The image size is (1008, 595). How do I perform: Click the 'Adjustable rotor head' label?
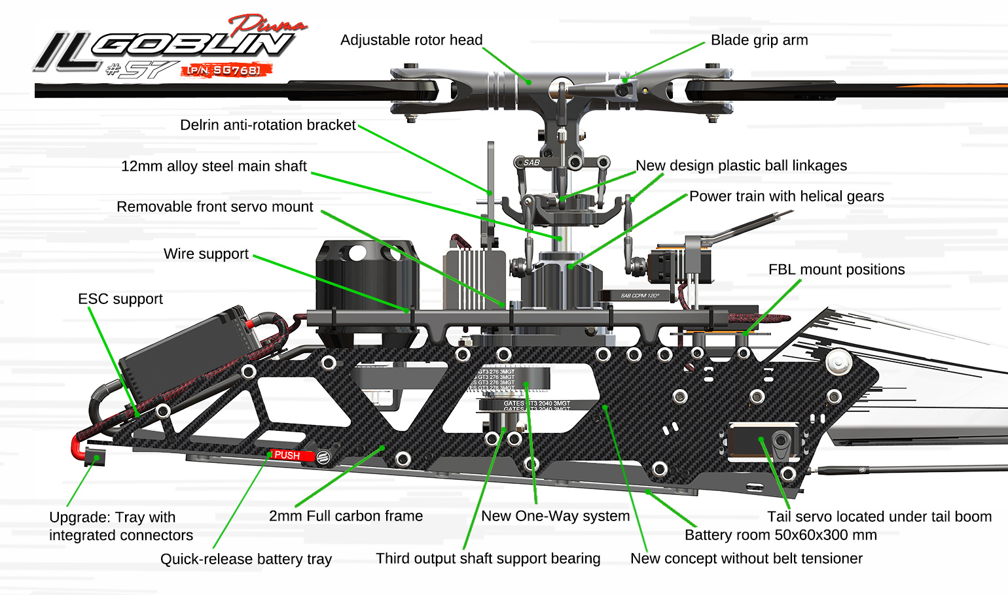411,41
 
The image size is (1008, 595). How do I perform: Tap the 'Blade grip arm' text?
759,41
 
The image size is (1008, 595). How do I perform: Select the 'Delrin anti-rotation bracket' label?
268,125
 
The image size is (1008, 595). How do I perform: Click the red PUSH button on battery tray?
287,455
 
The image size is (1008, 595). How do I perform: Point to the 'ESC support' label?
120,299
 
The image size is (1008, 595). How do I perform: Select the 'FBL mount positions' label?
836,269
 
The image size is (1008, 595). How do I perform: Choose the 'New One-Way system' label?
555,516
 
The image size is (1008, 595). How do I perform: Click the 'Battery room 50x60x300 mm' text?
780,535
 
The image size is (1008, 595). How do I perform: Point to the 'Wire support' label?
206,254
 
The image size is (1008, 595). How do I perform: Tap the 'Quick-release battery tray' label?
246,559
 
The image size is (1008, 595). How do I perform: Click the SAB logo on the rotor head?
531,162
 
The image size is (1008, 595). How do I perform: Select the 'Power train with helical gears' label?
786,196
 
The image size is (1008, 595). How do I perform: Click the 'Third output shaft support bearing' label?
488,558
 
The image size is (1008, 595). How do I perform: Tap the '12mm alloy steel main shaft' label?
214,166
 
